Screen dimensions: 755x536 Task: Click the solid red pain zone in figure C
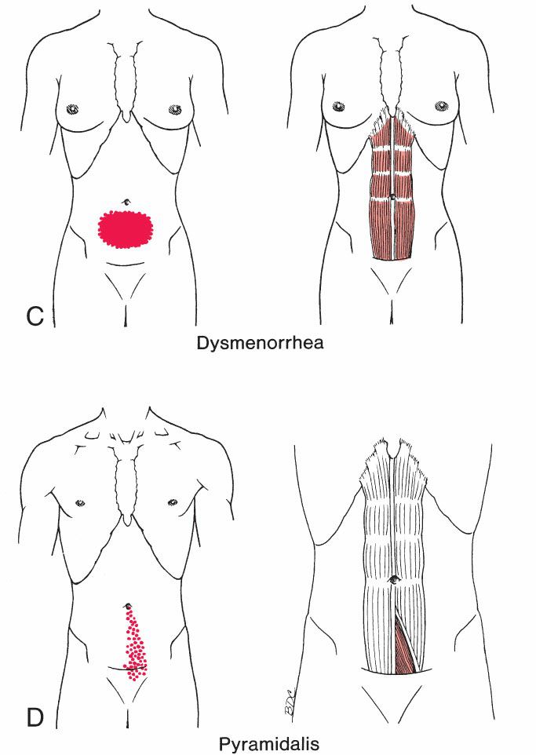125,228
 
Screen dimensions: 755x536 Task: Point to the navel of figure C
125,202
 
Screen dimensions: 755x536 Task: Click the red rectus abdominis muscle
392,228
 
